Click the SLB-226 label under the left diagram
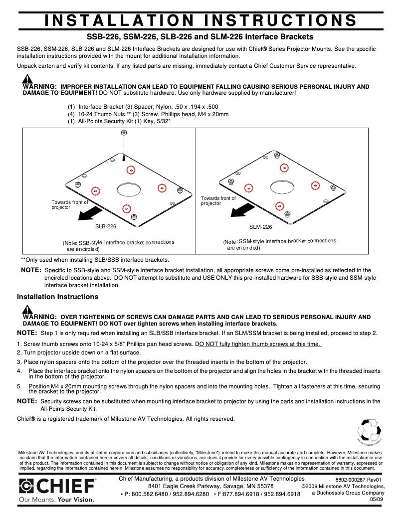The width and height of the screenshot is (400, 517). click(106, 226)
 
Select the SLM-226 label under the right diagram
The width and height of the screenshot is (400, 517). click(260, 227)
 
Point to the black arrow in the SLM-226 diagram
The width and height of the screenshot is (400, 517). click(237, 210)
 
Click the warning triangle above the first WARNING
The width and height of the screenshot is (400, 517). click(27, 79)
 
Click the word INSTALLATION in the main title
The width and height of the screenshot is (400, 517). click(119, 20)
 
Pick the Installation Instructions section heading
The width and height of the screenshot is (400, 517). click(57, 297)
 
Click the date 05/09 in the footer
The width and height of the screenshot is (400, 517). click(376, 500)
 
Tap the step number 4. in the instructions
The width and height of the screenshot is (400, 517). click(19, 371)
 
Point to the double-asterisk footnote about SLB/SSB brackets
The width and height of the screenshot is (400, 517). click(95, 260)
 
